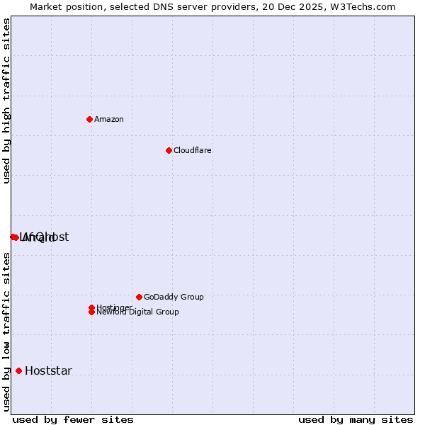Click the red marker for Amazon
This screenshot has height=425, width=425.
point(89,119)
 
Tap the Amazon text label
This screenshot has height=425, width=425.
point(108,119)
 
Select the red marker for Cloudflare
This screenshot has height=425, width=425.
point(169,150)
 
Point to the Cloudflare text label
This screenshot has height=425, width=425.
point(192,150)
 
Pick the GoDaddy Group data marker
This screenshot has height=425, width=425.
point(139,297)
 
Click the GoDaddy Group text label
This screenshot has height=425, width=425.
point(174,297)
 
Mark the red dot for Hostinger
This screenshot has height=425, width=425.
point(91,307)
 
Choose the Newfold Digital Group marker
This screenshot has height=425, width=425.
point(91,312)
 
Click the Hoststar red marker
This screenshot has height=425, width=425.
point(18,370)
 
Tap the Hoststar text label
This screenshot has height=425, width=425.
point(48,370)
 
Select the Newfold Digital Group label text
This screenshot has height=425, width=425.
point(137,312)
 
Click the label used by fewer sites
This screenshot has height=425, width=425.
point(73,419)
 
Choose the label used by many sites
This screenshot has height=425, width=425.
point(356,419)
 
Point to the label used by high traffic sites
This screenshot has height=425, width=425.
point(6,101)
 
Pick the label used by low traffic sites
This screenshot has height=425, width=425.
point(6,331)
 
